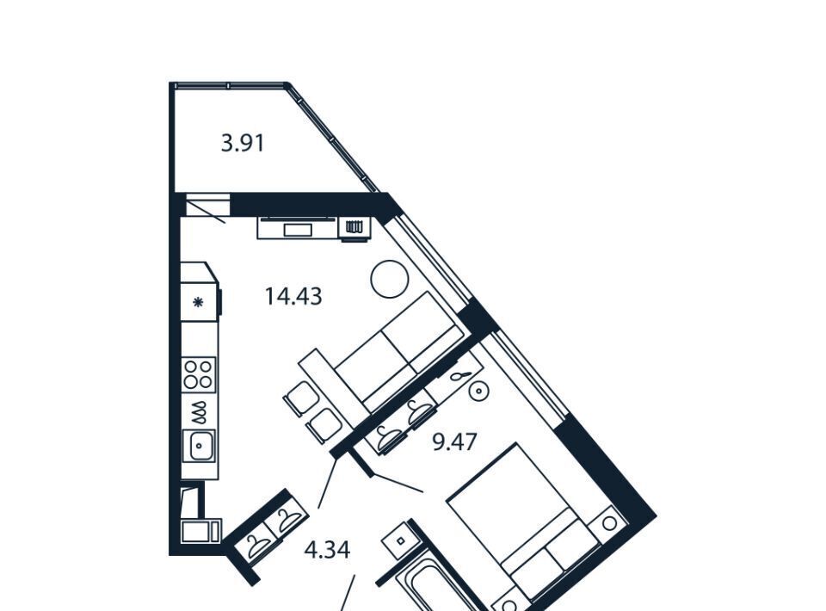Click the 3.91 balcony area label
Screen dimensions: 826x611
[x=243, y=143]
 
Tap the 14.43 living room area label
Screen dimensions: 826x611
[x=293, y=296]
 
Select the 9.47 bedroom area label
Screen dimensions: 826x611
[x=454, y=441]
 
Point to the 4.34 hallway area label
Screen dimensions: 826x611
[x=327, y=551]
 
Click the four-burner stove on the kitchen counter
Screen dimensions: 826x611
[x=199, y=374]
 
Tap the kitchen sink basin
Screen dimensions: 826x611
[x=199, y=446]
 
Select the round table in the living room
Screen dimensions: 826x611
[x=390, y=279]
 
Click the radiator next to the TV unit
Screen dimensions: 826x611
[x=354, y=227]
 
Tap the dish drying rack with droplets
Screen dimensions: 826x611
[x=199, y=412]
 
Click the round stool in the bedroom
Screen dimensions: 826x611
[x=479, y=391]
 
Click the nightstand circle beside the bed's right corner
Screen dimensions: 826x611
[x=609, y=523]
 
